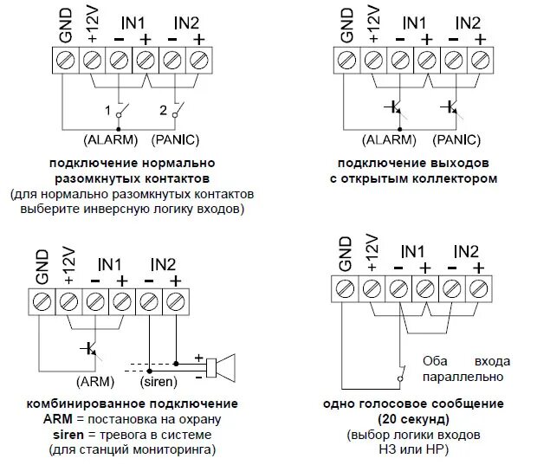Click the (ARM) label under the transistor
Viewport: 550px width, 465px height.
click(x=91, y=379)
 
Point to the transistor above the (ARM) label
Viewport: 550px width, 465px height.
click(x=89, y=348)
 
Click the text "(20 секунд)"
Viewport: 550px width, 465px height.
click(x=400, y=418)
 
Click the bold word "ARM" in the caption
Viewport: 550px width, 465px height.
click(x=57, y=419)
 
